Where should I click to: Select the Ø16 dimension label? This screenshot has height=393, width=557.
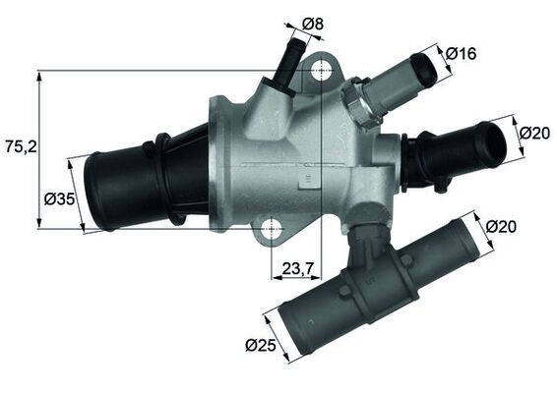462,53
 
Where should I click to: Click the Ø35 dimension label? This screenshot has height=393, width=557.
60,199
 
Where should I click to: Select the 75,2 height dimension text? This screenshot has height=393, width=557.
19,146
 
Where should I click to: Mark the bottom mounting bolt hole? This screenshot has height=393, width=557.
270,230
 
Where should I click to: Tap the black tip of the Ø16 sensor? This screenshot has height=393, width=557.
425,67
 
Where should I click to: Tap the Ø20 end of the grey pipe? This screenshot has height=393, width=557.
462,240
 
